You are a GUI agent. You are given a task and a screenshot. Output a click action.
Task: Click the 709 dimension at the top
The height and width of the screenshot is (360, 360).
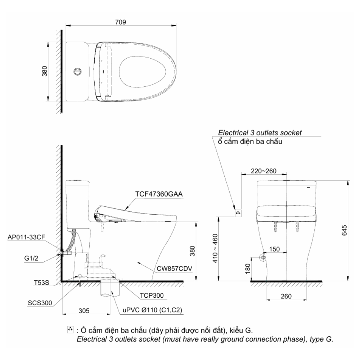pyautogui.click(x=120, y=22)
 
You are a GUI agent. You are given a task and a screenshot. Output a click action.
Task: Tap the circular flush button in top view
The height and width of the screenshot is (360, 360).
pyautogui.click(x=76, y=71)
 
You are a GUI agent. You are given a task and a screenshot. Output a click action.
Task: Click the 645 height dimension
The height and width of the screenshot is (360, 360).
pyautogui.click(x=344, y=231)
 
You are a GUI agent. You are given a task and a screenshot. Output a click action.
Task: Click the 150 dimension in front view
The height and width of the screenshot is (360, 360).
pyautogui.click(x=274, y=249)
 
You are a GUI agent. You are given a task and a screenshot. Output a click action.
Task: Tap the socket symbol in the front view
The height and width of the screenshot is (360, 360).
pyautogui.click(x=237, y=213)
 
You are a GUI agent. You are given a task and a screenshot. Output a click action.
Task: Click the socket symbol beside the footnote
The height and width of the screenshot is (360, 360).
pyautogui.click(x=70, y=330)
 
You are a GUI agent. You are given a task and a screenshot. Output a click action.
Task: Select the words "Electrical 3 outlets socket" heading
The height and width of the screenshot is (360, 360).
pyautogui.click(x=259, y=132)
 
